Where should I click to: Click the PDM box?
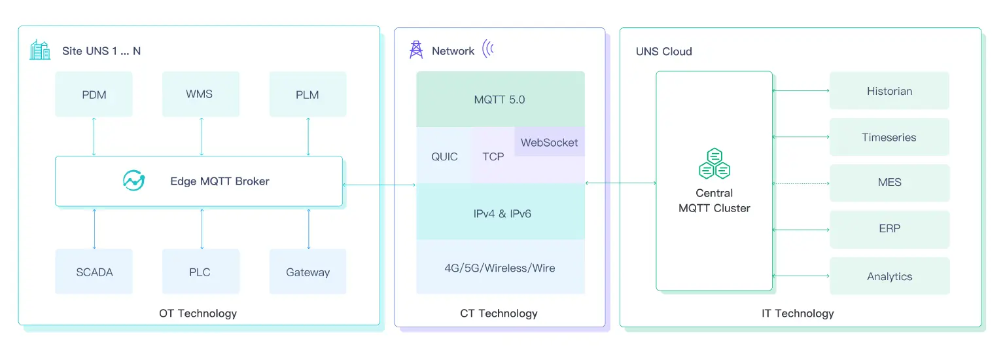click(94, 94)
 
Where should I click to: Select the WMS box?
click(200, 94)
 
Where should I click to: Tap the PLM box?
click(308, 94)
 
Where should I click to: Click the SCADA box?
click(94, 272)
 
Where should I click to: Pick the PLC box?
click(200, 272)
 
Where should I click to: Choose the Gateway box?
click(308, 272)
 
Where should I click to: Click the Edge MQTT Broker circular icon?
click(134, 181)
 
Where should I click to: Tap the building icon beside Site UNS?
click(40, 50)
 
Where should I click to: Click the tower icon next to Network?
click(415, 50)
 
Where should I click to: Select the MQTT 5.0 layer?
click(500, 99)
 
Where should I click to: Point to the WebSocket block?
click(549, 142)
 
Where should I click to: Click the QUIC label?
click(444, 156)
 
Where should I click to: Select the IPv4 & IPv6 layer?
click(500, 213)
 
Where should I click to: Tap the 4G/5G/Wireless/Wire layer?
click(500, 267)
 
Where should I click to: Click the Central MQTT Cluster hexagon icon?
click(714, 164)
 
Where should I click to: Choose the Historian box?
click(889, 91)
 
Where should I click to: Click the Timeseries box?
click(889, 137)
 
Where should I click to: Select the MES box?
click(889, 183)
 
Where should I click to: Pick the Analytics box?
click(889, 276)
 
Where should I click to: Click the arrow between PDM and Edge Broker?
click(94, 137)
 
